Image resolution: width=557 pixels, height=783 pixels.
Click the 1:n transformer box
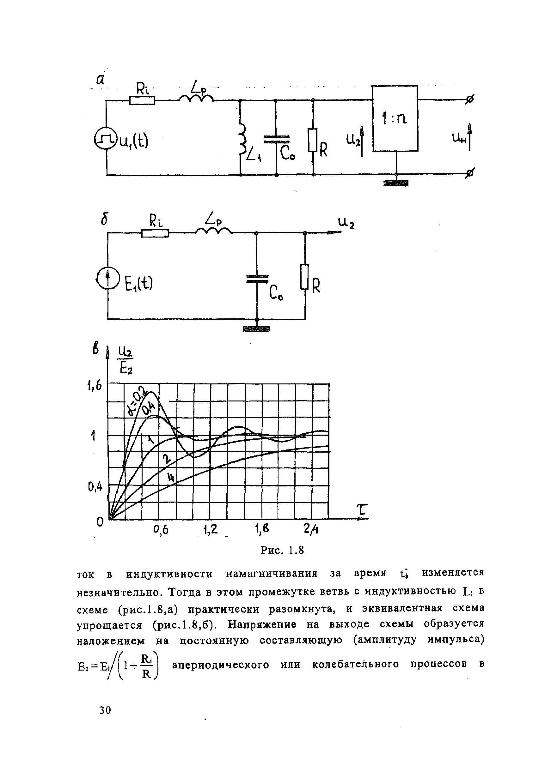point(395,118)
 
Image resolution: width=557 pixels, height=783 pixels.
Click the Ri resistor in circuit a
point(142,100)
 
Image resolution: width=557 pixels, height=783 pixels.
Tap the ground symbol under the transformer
point(396,184)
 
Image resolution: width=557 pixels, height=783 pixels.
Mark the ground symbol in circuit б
point(256,330)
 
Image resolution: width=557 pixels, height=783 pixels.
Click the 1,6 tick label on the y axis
point(94,386)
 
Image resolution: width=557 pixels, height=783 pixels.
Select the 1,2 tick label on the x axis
point(210,530)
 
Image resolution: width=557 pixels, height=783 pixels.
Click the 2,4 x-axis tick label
point(311,530)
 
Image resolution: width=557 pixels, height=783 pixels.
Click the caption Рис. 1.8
point(282,550)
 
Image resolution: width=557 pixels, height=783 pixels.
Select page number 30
point(105,710)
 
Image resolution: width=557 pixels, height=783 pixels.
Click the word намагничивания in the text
point(272,574)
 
